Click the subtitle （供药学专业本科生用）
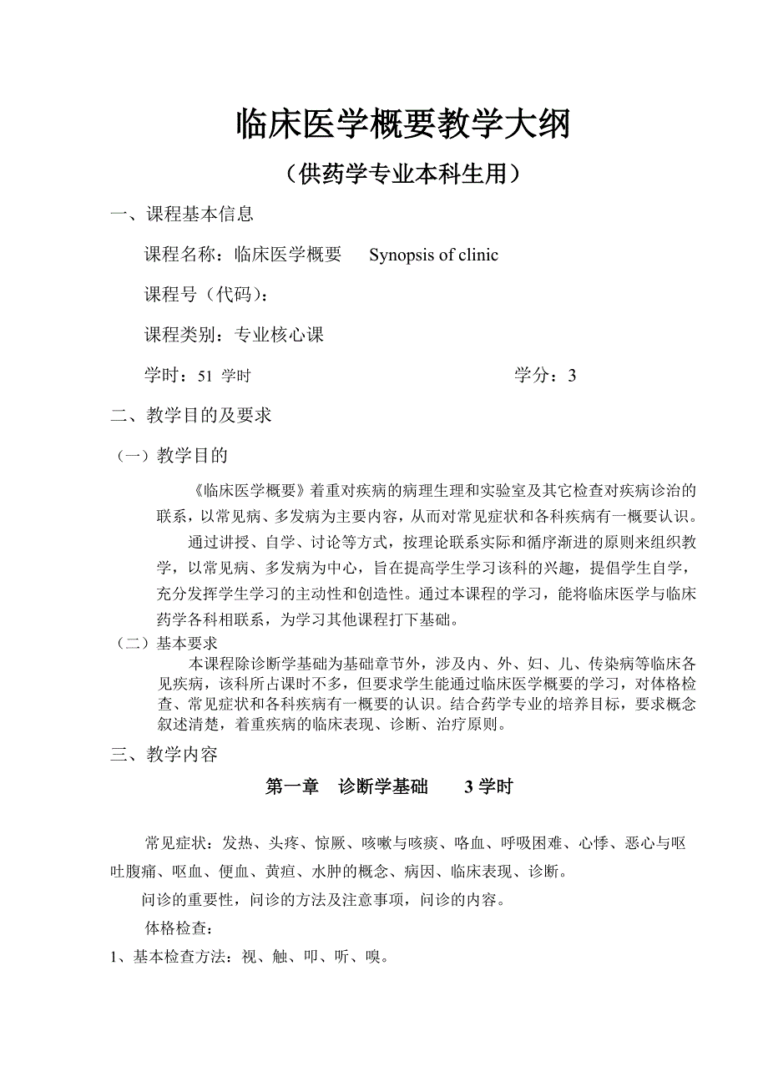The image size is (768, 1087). tap(403, 174)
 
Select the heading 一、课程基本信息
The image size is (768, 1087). tap(183, 215)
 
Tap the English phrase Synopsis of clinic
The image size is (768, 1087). tap(433, 255)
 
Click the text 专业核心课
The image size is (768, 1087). tap(279, 336)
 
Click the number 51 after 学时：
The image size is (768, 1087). tap(205, 377)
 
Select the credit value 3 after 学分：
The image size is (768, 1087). tap(572, 376)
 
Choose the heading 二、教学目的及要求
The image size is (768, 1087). tap(191, 416)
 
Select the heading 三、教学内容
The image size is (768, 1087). tap(164, 756)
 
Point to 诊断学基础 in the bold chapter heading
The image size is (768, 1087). tap(383, 787)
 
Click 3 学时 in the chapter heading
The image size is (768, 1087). tap(488, 787)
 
